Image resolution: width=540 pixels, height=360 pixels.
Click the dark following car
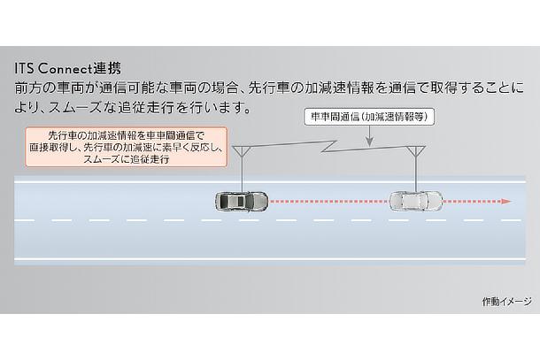tap(239, 203)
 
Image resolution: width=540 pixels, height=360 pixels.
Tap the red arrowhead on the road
tap(506, 203)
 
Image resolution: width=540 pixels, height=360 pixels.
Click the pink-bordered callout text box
tap(125, 147)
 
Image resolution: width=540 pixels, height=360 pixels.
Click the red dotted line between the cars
tap(328, 203)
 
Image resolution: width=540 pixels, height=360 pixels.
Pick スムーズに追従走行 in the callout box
tap(125, 161)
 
